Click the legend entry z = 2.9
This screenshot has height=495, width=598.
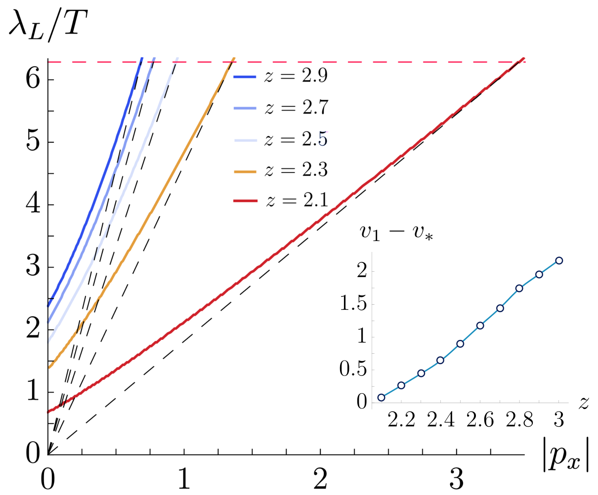click(280, 76)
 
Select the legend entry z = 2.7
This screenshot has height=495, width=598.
click(280, 108)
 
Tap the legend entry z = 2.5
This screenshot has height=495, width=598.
click(280, 139)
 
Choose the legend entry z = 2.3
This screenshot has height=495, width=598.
click(280, 170)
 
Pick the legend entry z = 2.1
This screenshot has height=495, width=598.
click(280, 200)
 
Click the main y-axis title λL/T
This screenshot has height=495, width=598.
click(48, 26)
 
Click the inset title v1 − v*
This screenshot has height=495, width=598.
click(396, 233)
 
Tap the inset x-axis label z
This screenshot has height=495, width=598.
click(583, 404)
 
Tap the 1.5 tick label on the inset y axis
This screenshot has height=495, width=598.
click(353, 303)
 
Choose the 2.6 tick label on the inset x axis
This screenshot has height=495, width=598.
click(480, 420)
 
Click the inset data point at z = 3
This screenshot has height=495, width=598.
click(559, 260)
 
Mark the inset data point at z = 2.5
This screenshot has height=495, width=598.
click(460, 344)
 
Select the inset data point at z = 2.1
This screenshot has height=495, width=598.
click(381, 397)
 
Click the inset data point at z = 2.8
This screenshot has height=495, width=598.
click(519, 289)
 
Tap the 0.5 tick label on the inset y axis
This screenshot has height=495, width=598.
click(353, 370)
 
